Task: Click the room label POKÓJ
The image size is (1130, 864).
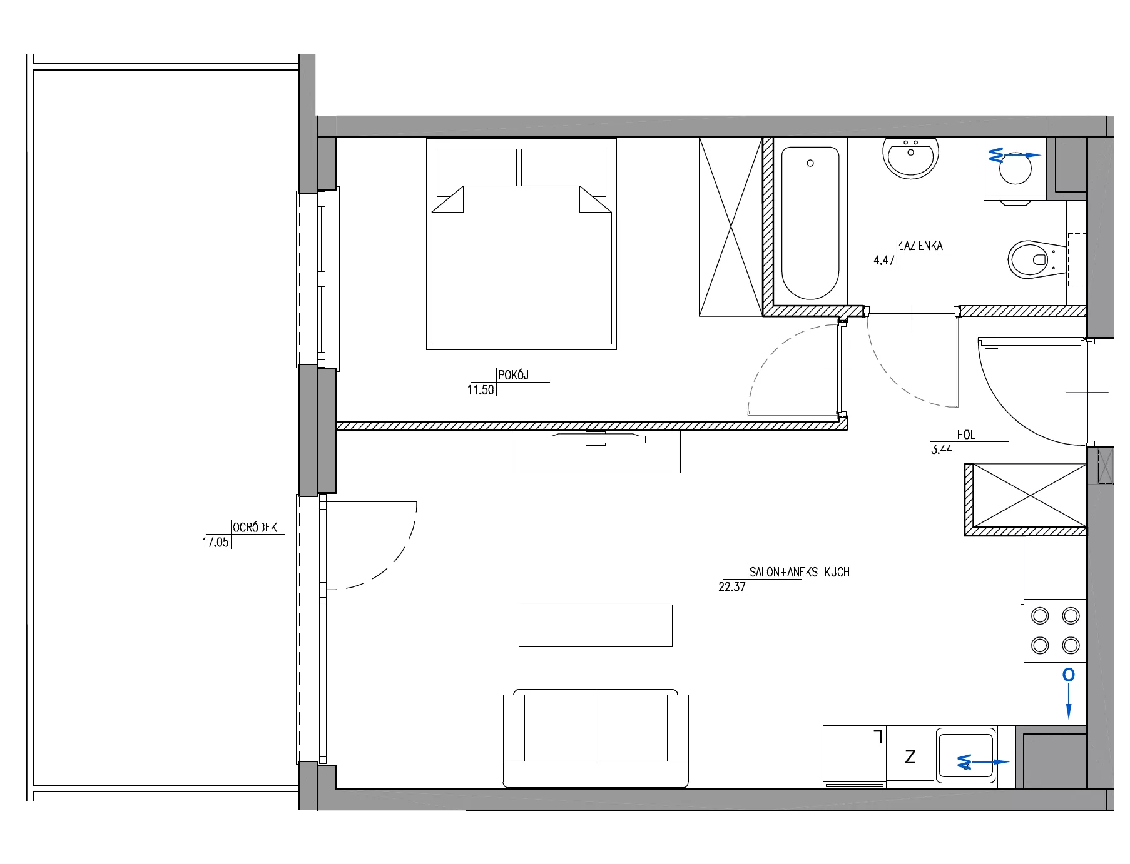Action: (513, 375)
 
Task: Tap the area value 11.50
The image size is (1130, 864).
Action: (481, 390)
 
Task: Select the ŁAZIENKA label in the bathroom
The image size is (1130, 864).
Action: (920, 246)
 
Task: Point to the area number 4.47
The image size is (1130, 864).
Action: (884, 260)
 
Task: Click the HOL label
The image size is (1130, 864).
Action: (965, 435)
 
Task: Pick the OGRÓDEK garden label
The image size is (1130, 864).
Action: (255, 527)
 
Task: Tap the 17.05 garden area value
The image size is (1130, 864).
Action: (215, 542)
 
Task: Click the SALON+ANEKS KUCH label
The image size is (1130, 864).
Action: (800, 571)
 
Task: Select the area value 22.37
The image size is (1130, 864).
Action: (732, 586)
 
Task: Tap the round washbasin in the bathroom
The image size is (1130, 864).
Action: (910, 158)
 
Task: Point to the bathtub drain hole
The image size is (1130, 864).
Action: (810, 163)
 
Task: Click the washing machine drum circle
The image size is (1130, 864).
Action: (1015, 168)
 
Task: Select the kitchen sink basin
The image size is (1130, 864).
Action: (965, 756)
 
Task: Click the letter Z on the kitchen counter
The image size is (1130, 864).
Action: (910, 757)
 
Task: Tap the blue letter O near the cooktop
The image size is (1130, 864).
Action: (1069, 675)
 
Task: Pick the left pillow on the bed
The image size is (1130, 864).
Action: (476, 168)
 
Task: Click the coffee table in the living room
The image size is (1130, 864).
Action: (596, 625)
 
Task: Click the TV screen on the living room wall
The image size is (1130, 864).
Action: (596, 439)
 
